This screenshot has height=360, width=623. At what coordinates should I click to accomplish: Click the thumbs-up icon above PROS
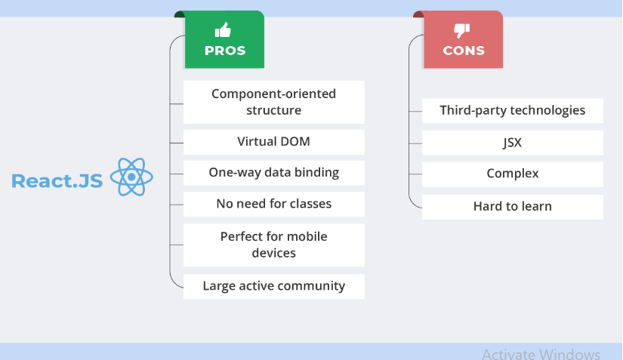[x=223, y=29]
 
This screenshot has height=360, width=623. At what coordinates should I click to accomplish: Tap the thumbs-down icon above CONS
[x=461, y=30]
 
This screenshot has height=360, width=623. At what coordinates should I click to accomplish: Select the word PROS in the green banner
[x=225, y=51]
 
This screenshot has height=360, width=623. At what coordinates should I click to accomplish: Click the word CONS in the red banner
[x=464, y=51]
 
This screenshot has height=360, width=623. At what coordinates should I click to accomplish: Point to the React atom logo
[x=131, y=177]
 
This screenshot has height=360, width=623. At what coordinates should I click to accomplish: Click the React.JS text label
[x=57, y=181]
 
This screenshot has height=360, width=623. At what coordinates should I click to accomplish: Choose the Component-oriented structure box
[x=274, y=102]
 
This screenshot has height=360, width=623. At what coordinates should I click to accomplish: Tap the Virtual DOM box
[x=274, y=142]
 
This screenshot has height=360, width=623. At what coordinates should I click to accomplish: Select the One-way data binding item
[x=274, y=173]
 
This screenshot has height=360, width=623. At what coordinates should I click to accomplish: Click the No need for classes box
[x=274, y=205]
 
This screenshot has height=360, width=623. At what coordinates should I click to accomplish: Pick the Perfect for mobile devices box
[x=274, y=245]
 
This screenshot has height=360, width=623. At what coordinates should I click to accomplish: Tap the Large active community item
[x=274, y=286]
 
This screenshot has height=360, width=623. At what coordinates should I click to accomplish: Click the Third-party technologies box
[x=513, y=111]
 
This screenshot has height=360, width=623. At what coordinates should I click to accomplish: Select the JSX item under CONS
[x=513, y=143]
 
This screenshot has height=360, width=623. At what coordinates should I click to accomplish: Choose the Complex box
[x=513, y=174]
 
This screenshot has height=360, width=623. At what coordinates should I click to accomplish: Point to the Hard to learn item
[x=513, y=207]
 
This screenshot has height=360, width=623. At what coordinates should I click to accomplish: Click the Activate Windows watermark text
[x=541, y=354]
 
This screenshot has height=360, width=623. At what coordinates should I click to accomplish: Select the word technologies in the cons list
[x=547, y=110]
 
